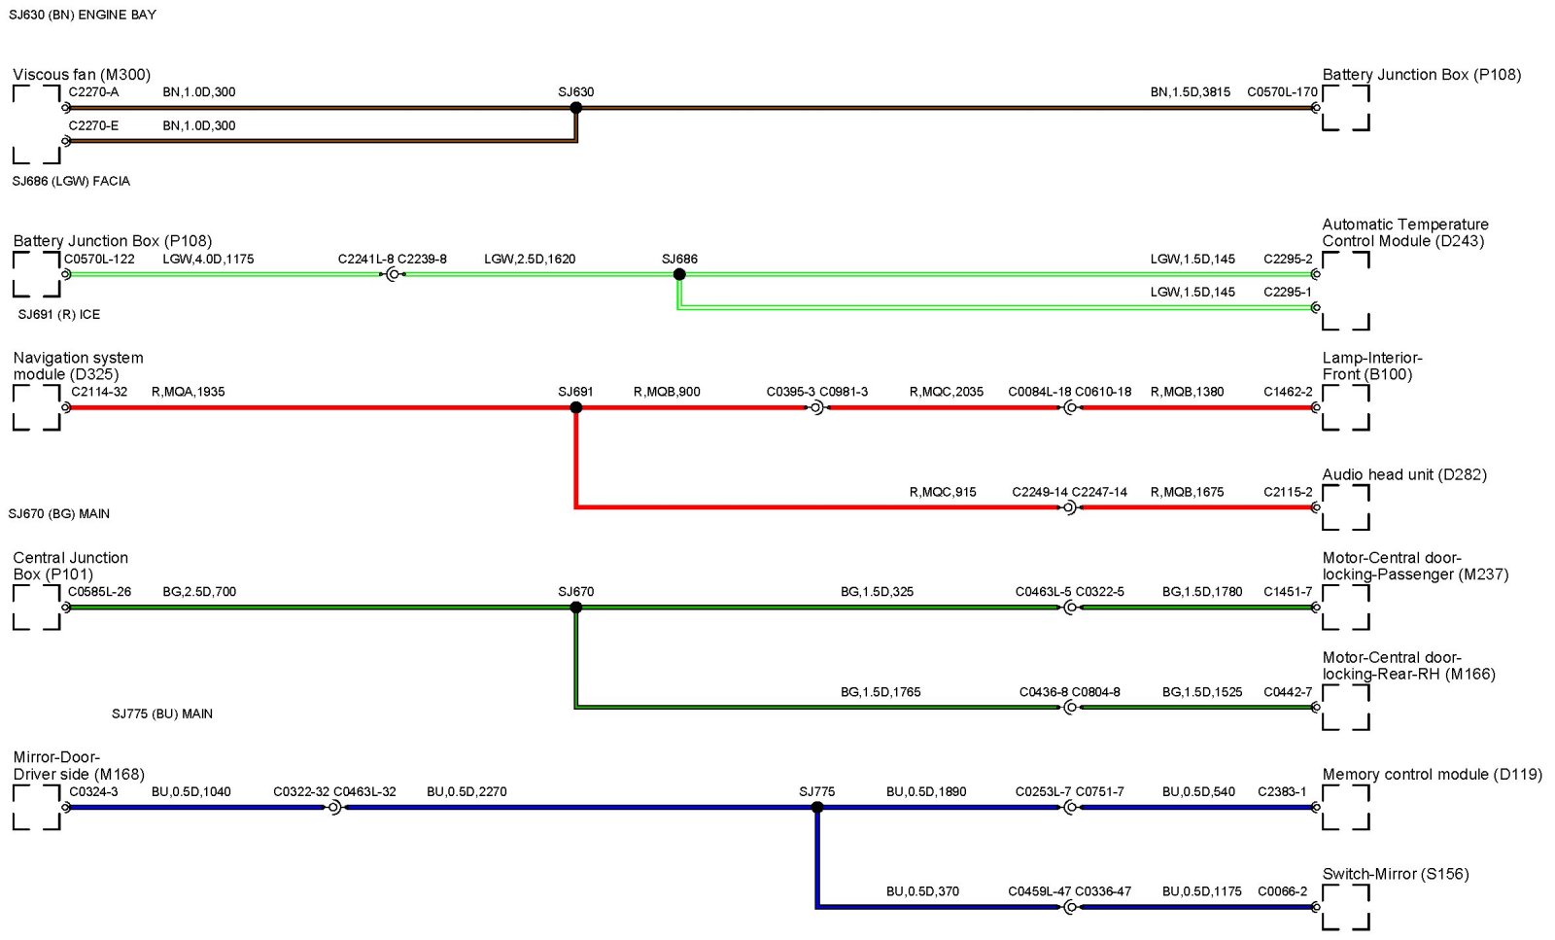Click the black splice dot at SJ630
pyautogui.click(x=576, y=108)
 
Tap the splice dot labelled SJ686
pyautogui.click(x=679, y=274)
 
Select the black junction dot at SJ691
pyautogui.click(x=576, y=407)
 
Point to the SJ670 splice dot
pyautogui.click(x=576, y=608)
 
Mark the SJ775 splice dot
pyautogui.click(x=817, y=807)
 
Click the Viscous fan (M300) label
pyautogui.click(x=82, y=75)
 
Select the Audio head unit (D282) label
pyautogui.click(x=1403, y=474)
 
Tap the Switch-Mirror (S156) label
pyautogui.click(x=1395, y=874)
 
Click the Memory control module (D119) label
pyautogui.click(x=1432, y=774)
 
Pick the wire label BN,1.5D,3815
pyautogui.click(x=1190, y=92)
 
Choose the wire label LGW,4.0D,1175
pyautogui.click(x=208, y=260)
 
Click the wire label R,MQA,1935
pyautogui.click(x=188, y=392)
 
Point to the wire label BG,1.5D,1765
pyautogui.click(x=880, y=692)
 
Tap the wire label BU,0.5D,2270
pyautogui.click(x=466, y=791)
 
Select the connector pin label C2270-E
pyautogui.click(x=93, y=125)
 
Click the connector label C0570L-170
pyautogui.click(x=1282, y=92)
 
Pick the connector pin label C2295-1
pyautogui.click(x=1287, y=292)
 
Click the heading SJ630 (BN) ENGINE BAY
pyautogui.click(x=82, y=15)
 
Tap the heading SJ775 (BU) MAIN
pyautogui.click(x=161, y=714)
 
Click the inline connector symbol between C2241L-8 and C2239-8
pyautogui.click(x=393, y=275)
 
